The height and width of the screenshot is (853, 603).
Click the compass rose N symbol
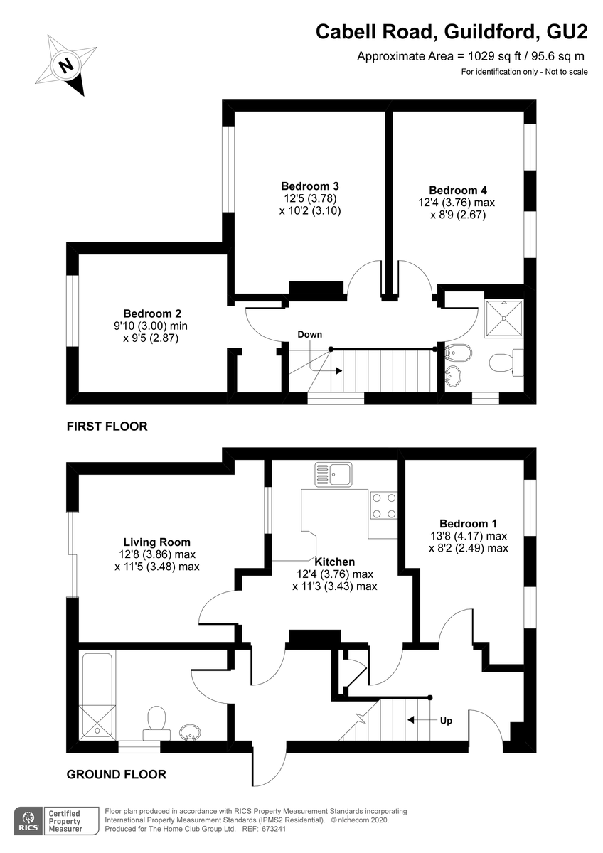pyautogui.click(x=65, y=65)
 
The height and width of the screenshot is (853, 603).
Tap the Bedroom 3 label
pyautogui.click(x=310, y=186)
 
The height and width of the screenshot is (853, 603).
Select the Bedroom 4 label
pyautogui.click(x=458, y=191)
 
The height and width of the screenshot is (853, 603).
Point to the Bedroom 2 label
pyautogui.click(x=152, y=313)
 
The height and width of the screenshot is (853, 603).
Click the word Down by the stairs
pyautogui.click(x=310, y=334)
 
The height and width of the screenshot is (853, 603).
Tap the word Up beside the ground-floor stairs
pyautogui.click(x=446, y=721)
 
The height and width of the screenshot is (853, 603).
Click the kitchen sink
pyautogui.click(x=333, y=475)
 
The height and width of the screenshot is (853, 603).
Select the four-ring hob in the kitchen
pyautogui.click(x=383, y=505)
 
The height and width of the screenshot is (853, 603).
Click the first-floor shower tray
pyautogui.click(x=504, y=318)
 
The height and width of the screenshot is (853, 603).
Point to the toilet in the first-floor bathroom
pyautogui.click(x=506, y=362)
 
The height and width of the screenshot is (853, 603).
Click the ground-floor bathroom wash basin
pyautogui.click(x=190, y=732)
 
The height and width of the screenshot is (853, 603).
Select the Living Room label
pyautogui.click(x=157, y=542)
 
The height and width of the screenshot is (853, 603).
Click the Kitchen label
pyautogui.click(x=335, y=562)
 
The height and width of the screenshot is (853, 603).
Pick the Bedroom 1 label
pyautogui.click(x=468, y=524)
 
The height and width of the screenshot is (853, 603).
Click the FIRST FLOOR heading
pyautogui.click(x=107, y=426)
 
